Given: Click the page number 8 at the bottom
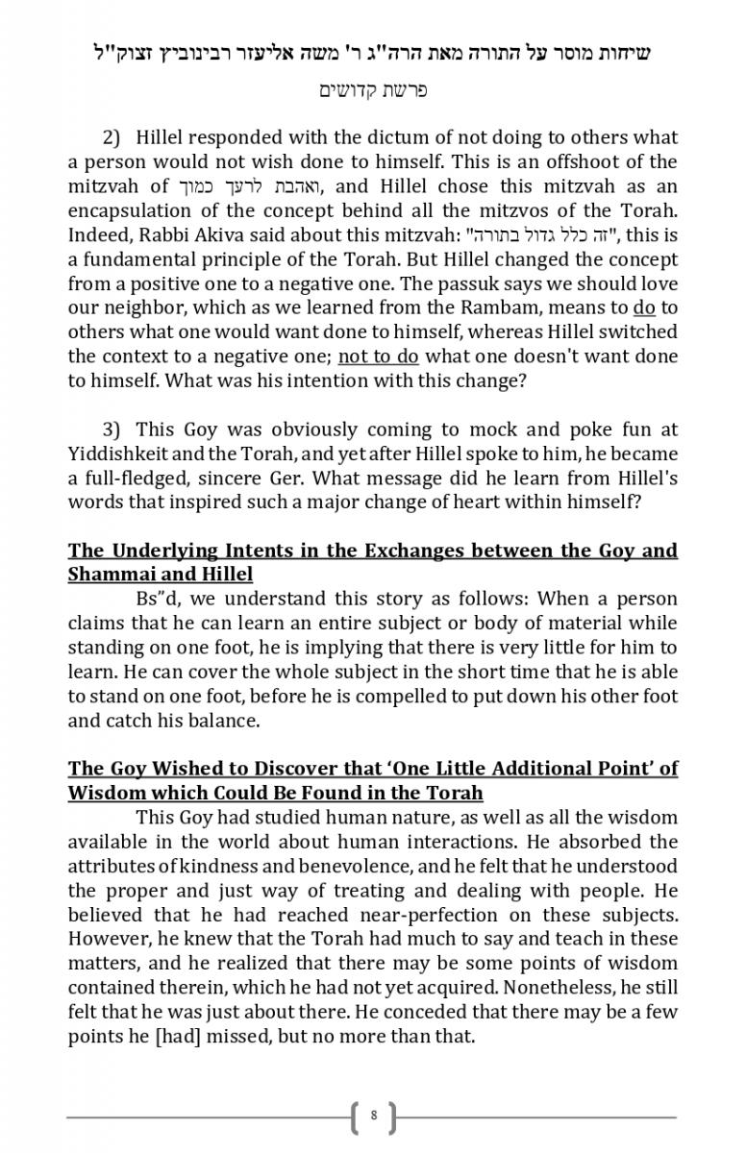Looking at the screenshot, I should tap(373, 1116).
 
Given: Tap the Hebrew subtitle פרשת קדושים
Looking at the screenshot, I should tap(373, 90).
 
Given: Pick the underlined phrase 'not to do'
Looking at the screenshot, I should tap(379, 356).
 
